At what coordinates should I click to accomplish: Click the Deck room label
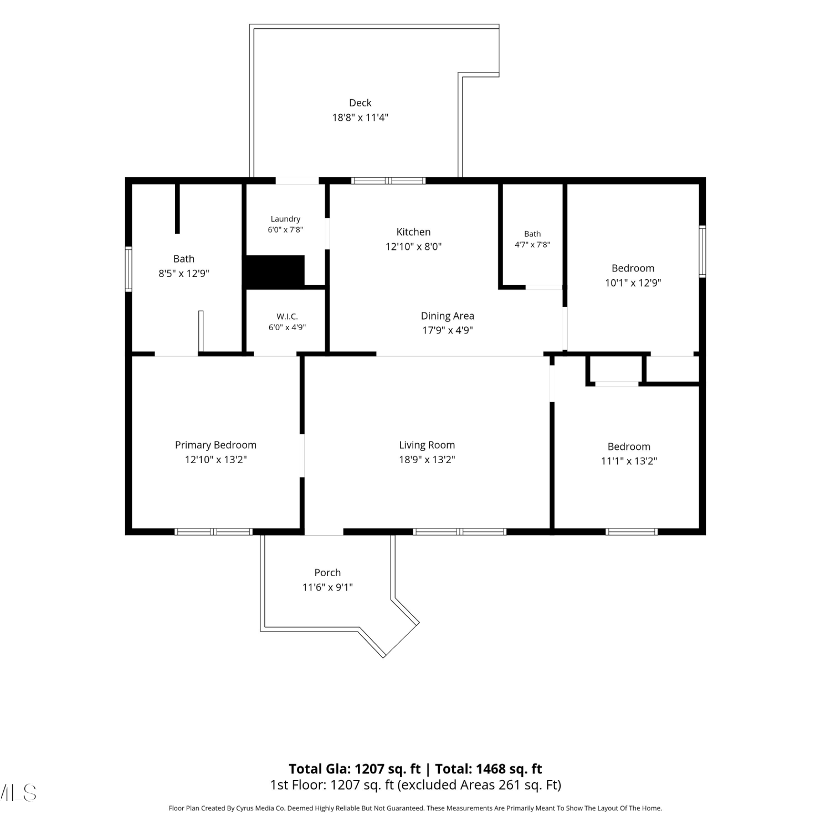click(360, 103)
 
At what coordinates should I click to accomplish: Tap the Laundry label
click(285, 219)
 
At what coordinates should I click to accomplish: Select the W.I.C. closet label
click(287, 316)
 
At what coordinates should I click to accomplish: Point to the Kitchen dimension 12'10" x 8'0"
click(413, 247)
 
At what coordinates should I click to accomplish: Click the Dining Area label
click(448, 316)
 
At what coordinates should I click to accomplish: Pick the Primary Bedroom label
click(216, 445)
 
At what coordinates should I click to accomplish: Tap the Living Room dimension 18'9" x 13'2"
click(427, 459)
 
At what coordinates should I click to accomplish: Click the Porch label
click(327, 573)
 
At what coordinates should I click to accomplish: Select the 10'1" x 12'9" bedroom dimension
click(633, 283)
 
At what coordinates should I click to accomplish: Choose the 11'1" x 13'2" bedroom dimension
click(629, 461)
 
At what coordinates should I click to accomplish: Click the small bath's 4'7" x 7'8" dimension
click(532, 244)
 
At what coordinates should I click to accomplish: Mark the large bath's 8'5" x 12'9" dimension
click(184, 273)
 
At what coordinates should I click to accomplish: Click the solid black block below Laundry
click(275, 271)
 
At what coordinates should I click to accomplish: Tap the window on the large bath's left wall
click(129, 269)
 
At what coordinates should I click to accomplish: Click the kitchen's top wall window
click(388, 181)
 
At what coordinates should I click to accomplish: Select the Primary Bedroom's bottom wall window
click(213, 532)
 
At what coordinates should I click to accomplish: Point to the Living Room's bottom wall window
click(460, 532)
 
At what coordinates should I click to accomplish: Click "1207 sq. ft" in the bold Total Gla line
click(388, 769)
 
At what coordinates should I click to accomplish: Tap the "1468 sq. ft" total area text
click(509, 769)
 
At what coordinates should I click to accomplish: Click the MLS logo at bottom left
click(18, 793)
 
